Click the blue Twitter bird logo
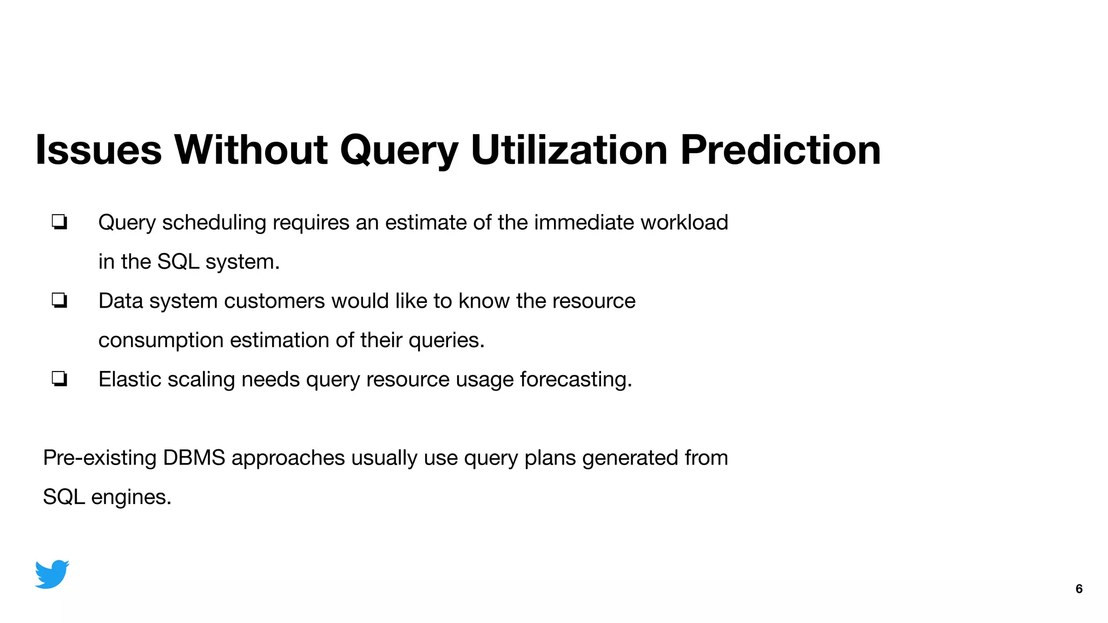point(52,574)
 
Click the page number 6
point(1079,589)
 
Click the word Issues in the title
point(98,150)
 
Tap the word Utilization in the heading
point(569,150)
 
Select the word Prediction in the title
point(780,150)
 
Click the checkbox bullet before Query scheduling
point(60,222)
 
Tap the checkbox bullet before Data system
point(60,300)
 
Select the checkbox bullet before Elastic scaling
point(60,379)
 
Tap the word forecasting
point(576,380)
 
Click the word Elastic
point(130,380)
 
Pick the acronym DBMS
point(194,458)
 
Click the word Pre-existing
point(100,458)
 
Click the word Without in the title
point(250,150)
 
